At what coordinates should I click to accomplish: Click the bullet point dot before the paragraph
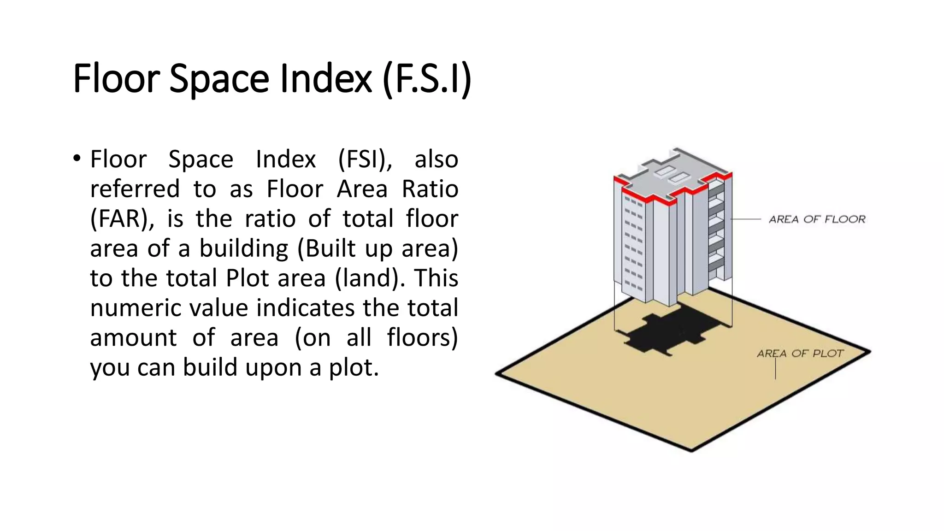click(x=77, y=159)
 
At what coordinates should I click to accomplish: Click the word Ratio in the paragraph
click(x=430, y=189)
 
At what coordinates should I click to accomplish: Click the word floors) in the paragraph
click(x=422, y=337)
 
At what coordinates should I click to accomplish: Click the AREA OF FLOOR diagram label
click(x=817, y=219)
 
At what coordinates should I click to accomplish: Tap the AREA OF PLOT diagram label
click(x=800, y=354)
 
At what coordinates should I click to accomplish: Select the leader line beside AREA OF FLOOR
click(x=746, y=219)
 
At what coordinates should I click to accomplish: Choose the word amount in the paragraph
click(x=133, y=337)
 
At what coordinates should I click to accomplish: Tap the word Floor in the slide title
click(x=116, y=78)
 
